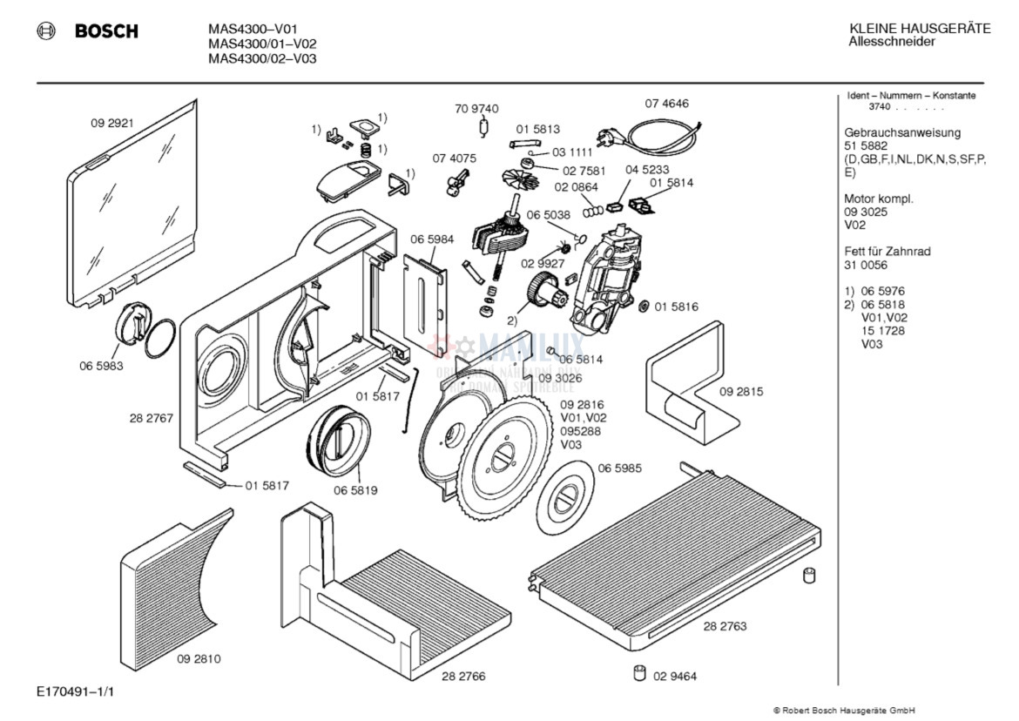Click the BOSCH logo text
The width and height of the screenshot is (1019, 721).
pyautogui.click(x=105, y=31)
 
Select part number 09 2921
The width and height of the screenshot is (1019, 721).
pyautogui.click(x=111, y=123)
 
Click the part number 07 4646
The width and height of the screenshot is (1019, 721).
pyautogui.click(x=666, y=104)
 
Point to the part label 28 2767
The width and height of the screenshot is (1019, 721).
pyautogui.click(x=152, y=418)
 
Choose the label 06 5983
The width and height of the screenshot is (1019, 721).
pyautogui.click(x=101, y=366)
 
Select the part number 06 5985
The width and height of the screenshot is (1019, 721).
pyautogui.click(x=619, y=468)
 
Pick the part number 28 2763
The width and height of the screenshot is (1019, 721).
pyautogui.click(x=725, y=626)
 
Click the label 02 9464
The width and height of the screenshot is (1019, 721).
pyautogui.click(x=675, y=676)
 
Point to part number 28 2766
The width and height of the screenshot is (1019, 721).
pyautogui.click(x=463, y=676)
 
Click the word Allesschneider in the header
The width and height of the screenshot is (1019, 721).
pyautogui.click(x=892, y=42)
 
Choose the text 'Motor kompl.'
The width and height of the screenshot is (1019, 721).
pyautogui.click(x=879, y=199)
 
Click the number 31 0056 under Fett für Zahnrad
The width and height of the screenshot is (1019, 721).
pyautogui.click(x=866, y=265)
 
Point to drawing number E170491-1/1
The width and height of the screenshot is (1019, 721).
pyautogui.click(x=76, y=691)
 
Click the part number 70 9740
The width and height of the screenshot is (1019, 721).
pyautogui.click(x=476, y=109)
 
